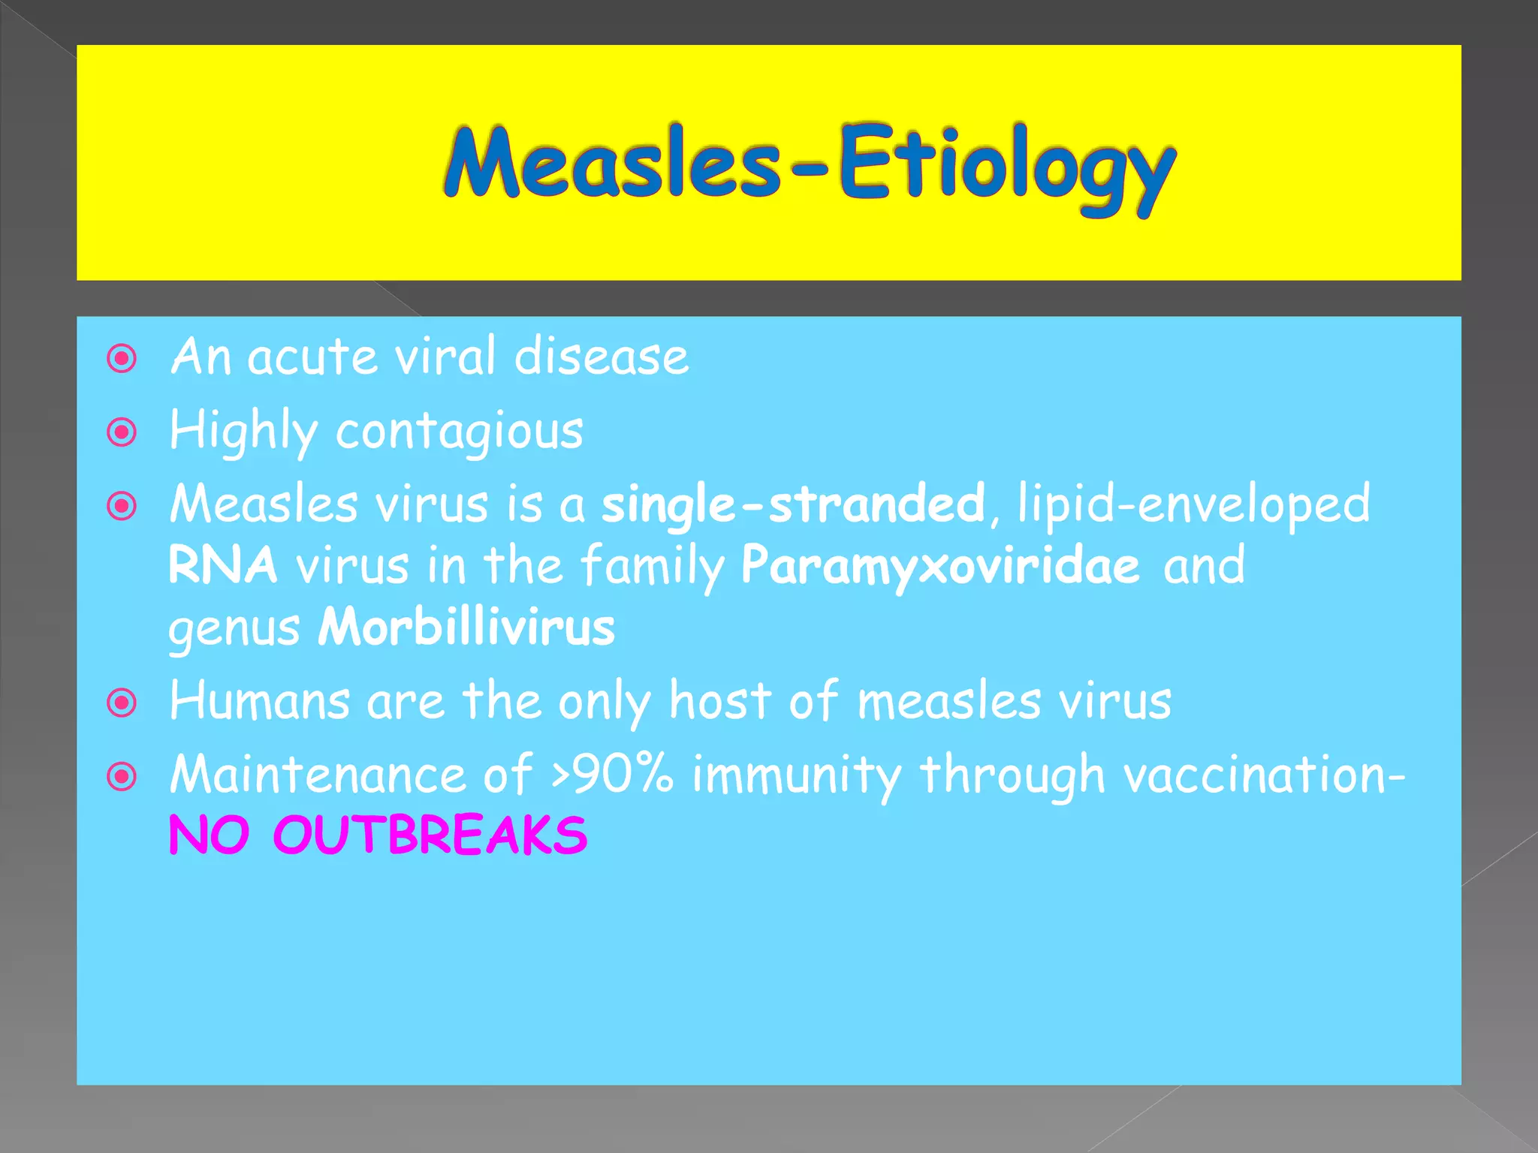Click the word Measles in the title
(x=612, y=163)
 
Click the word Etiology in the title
(x=1006, y=167)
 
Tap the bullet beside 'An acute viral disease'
(x=122, y=359)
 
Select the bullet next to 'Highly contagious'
(x=122, y=432)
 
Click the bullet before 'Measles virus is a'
(x=122, y=506)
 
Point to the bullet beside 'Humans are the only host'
(x=122, y=703)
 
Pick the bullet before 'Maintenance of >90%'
(x=122, y=777)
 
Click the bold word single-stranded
(x=793, y=504)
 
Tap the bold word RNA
(x=223, y=565)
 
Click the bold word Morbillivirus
(x=466, y=628)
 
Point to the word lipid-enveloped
(x=1193, y=504)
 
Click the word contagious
(x=460, y=432)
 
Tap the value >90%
(x=612, y=774)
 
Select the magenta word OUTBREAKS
(x=430, y=835)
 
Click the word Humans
(x=260, y=702)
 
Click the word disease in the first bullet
(x=602, y=357)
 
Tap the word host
(x=719, y=702)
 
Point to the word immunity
(x=796, y=775)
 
